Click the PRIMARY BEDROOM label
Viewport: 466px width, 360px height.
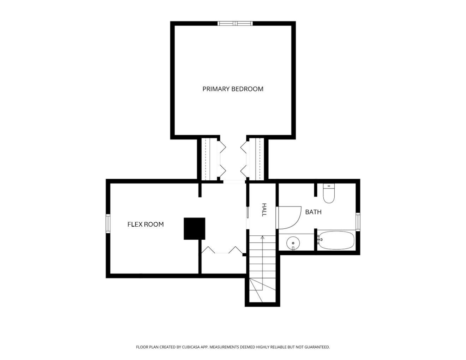[233, 89]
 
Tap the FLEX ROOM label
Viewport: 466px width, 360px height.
[145, 224]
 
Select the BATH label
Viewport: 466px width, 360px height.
[313, 212]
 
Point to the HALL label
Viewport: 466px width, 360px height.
[264, 210]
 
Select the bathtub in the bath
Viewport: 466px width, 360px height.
[336, 240]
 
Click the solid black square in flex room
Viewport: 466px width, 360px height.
[194, 229]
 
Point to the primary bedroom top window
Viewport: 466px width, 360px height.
[235, 23]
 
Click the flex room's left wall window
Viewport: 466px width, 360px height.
[108, 224]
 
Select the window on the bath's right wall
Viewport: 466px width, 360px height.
[358, 222]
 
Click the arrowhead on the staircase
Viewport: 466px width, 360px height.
[263, 238]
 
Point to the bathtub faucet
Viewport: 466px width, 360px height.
[320, 239]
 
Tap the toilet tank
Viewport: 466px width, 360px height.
[329, 186]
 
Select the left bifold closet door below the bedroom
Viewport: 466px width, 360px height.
[222, 159]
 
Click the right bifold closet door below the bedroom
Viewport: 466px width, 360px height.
[244, 159]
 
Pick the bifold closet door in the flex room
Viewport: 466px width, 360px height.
[222, 250]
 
